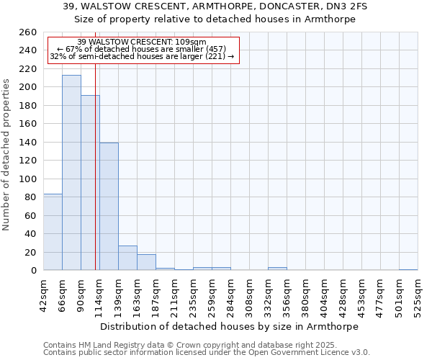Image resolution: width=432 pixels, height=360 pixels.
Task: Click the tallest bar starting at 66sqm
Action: point(71,173)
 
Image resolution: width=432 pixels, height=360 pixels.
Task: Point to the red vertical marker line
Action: point(95,180)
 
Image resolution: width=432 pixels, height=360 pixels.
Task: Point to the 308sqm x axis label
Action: point(249,295)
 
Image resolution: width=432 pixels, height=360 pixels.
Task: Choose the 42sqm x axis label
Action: point(43,295)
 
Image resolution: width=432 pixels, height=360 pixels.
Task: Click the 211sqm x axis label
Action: point(174,295)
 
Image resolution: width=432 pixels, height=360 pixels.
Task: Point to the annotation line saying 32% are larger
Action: point(142,56)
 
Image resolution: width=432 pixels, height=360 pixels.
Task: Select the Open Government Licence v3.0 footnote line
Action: point(207,353)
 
